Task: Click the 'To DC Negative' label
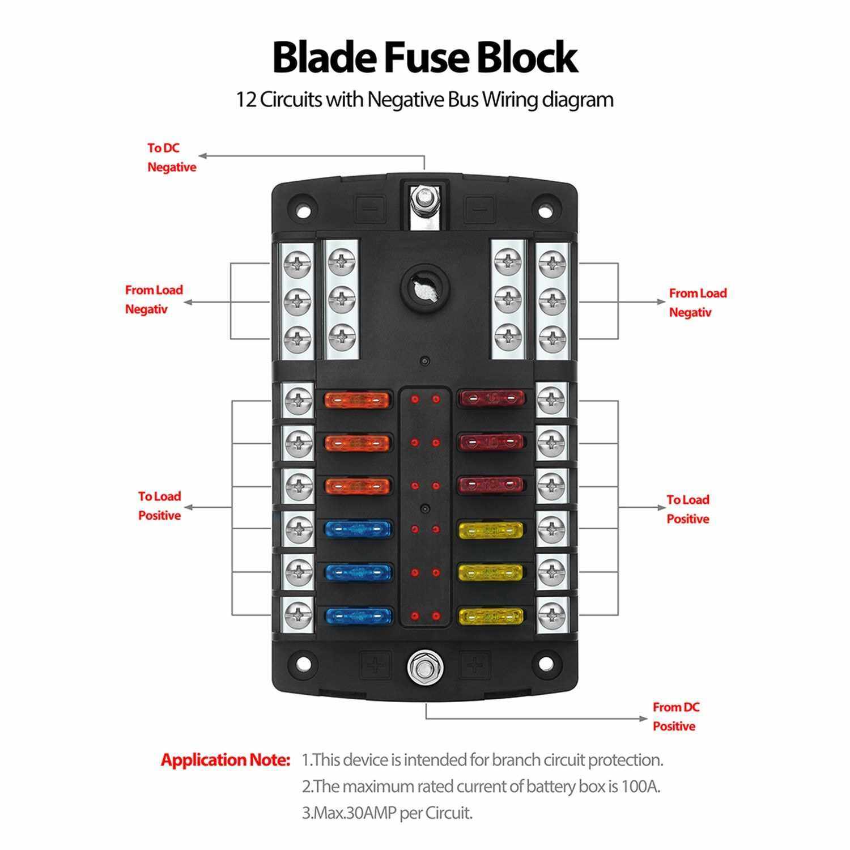(x=171, y=158)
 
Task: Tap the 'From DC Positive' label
(x=675, y=716)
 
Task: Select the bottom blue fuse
(x=358, y=615)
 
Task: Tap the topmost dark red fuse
(x=491, y=399)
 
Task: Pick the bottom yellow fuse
(x=490, y=615)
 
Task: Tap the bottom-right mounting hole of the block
(x=546, y=664)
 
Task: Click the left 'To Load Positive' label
(x=159, y=505)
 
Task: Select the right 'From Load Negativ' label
(x=697, y=303)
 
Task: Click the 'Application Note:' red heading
(x=226, y=760)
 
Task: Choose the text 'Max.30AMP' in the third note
(x=349, y=813)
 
